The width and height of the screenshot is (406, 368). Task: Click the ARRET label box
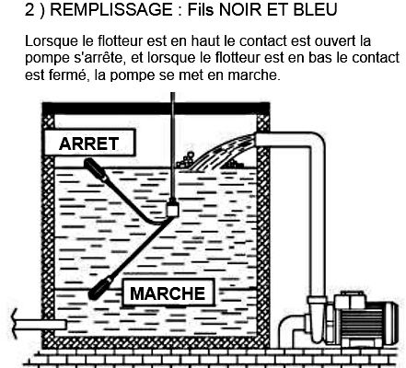point(89,143)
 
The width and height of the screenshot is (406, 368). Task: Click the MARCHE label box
point(168,293)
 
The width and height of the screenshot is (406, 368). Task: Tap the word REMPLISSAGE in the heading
point(111,9)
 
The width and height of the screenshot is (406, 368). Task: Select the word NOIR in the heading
point(238,9)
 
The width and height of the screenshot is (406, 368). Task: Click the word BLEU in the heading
point(315,9)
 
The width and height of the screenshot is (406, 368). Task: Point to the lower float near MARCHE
point(100,288)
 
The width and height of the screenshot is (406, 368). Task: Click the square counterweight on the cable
point(173,208)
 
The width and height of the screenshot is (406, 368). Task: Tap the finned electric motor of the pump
point(368,319)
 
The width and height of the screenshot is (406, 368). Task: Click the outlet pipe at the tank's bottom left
point(40,325)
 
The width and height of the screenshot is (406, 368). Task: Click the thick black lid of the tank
point(156,108)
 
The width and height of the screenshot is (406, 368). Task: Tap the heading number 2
point(29,9)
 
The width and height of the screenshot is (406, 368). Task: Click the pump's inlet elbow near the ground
point(292,329)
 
